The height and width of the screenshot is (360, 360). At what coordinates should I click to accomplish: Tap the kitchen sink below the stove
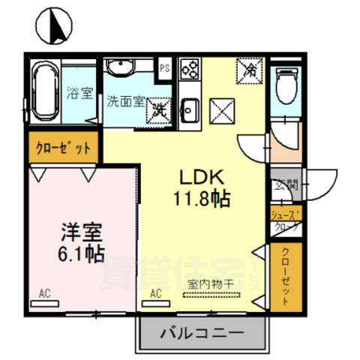189,109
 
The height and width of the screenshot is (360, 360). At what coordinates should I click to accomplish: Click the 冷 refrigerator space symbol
249,71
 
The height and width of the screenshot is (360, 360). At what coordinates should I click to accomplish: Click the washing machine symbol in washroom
159,109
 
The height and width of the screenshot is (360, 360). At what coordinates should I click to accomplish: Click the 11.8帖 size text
201,199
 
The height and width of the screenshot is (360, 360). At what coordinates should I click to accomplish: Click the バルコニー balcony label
201,331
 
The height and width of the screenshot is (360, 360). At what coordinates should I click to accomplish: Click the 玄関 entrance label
286,186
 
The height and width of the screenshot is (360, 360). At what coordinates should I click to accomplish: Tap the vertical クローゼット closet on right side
286,275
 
